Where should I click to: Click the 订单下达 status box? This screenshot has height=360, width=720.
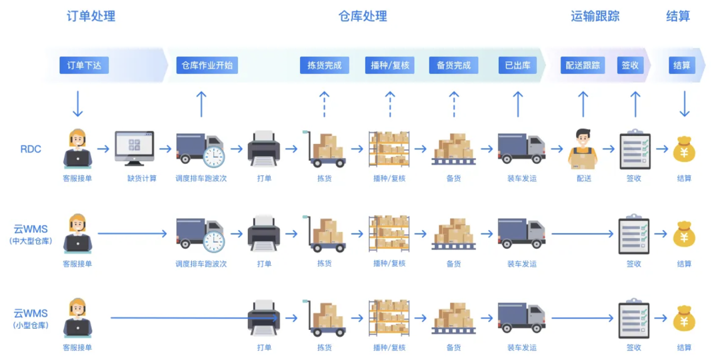84,65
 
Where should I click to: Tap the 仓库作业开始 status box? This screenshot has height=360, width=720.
207,65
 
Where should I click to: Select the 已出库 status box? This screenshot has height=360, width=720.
517,65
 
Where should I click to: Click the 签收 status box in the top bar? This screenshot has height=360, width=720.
630,65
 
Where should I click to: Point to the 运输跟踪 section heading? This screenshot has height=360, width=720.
595,16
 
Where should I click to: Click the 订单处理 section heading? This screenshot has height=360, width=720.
91,16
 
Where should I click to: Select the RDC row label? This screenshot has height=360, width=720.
31,149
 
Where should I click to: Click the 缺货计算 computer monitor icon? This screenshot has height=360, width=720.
134,148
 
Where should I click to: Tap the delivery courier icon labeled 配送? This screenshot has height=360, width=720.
583,147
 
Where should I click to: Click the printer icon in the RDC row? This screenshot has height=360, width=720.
264,148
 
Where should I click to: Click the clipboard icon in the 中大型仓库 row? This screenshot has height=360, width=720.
634,233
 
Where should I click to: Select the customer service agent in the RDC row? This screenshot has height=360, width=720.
77,148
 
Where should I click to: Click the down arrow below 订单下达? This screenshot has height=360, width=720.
78,103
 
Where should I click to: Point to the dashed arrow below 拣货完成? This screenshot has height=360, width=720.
324,104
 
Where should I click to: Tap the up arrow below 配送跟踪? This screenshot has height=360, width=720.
583,104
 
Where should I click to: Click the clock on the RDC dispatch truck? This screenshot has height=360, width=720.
214,156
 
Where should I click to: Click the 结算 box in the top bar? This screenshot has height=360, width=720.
681,65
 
